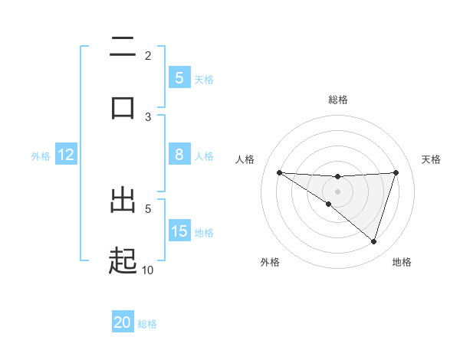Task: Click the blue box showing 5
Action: [179, 77]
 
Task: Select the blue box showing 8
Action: [179, 155]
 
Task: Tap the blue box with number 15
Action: [179, 231]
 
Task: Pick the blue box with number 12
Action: [66, 155]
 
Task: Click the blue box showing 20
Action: [123, 322]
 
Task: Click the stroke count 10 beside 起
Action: [147, 270]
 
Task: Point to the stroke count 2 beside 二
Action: [147, 55]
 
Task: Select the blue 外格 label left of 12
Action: [41, 155]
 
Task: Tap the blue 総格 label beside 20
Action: [147, 323]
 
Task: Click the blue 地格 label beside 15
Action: [204, 232]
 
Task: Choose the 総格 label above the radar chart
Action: [338, 100]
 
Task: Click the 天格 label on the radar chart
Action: [432, 159]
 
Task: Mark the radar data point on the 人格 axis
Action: [279, 172]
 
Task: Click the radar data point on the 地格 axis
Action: [374, 241]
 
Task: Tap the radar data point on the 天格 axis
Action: [396, 172]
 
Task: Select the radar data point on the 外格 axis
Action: [329, 204]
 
